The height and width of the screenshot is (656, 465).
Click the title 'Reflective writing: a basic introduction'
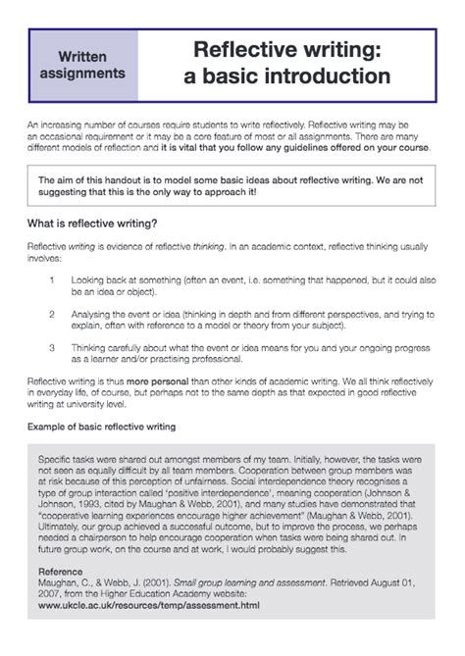(291, 62)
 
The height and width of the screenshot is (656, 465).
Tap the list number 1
(51, 280)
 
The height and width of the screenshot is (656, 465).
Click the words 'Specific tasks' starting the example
(68, 458)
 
